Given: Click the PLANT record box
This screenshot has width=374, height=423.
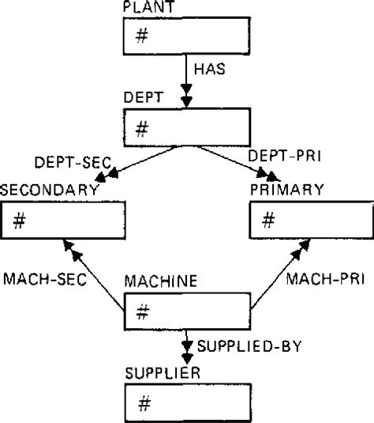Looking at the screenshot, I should point(186,36).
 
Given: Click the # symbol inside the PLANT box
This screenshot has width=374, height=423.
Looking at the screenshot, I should point(141,37).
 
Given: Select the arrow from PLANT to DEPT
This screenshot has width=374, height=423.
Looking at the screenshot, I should point(186,82).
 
